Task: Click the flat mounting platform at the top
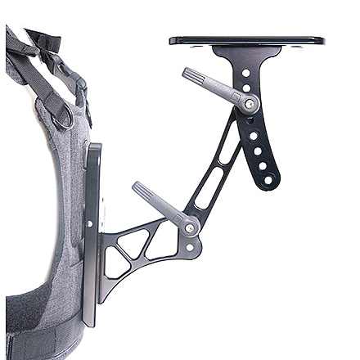[x=245, y=40]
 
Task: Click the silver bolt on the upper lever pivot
[x=248, y=102]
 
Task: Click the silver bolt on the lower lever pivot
[x=190, y=228]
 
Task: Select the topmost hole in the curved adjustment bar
[x=245, y=73]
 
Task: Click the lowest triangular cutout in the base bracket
[x=116, y=266]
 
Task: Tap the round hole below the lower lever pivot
[x=191, y=246]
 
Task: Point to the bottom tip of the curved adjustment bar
[x=268, y=185]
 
